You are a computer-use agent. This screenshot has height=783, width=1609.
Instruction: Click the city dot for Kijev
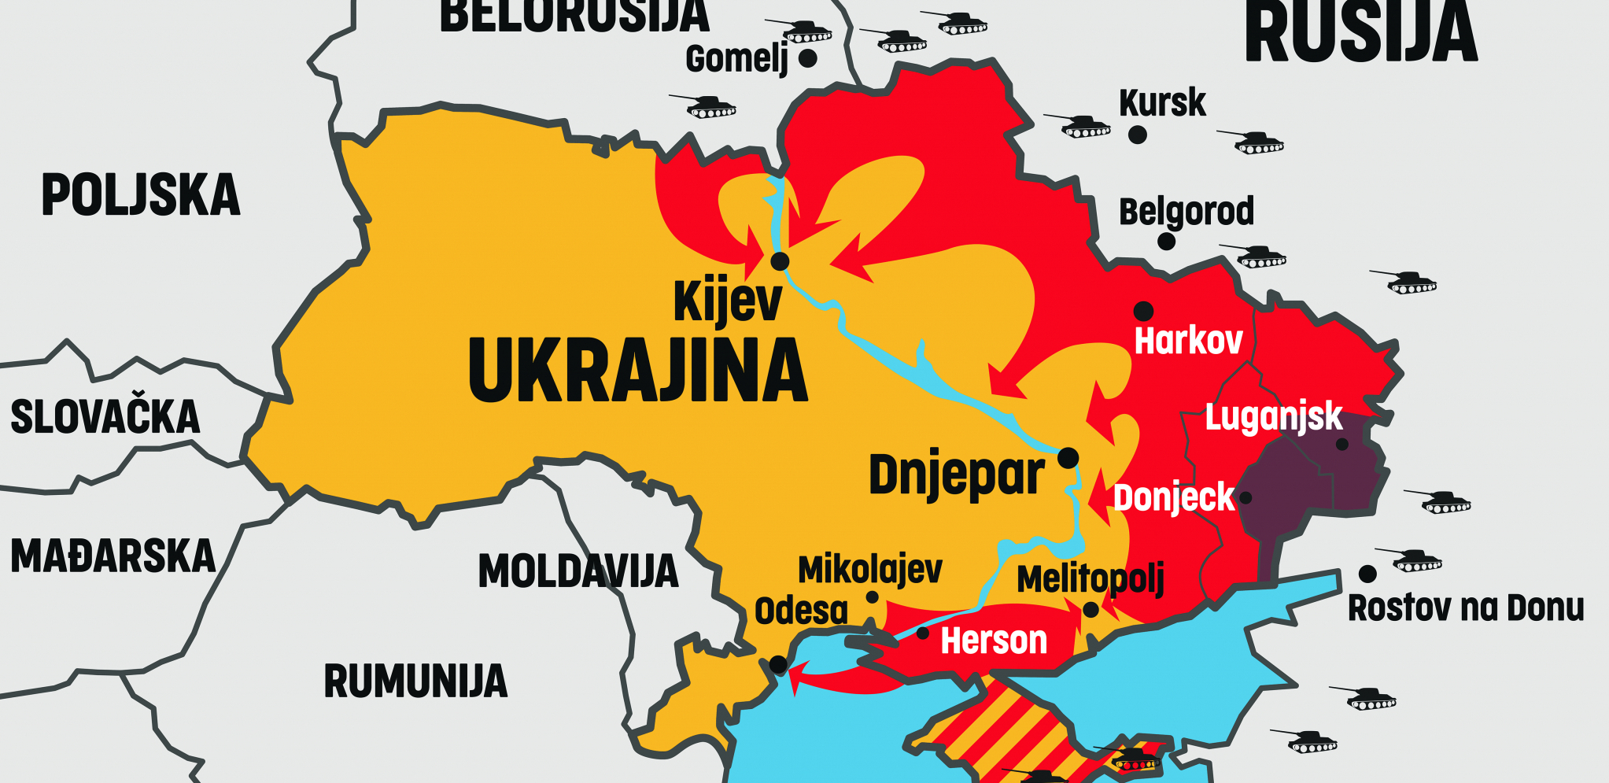point(780,260)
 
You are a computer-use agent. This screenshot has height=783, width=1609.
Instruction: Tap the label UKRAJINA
point(637,371)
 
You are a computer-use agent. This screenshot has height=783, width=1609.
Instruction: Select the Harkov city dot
point(1143,310)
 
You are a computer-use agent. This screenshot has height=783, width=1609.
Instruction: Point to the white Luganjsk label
point(1273,417)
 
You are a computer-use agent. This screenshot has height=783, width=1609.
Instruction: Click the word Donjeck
point(1174,498)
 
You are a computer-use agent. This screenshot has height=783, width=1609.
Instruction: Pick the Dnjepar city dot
point(1068,457)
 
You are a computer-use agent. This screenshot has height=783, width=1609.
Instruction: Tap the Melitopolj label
point(1090,581)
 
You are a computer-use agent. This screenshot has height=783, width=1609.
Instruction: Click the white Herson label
point(994,641)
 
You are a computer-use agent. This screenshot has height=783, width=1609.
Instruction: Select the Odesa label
point(801,611)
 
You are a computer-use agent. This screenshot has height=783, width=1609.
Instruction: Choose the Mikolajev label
point(869,570)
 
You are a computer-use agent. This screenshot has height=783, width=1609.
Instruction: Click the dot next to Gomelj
point(807,57)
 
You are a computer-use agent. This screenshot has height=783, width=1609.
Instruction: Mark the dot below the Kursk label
point(1137,135)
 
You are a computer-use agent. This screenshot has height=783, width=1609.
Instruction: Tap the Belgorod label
point(1186,212)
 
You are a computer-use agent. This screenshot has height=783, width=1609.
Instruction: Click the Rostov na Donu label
point(1465,608)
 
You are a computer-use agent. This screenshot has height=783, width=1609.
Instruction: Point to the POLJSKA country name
point(140,195)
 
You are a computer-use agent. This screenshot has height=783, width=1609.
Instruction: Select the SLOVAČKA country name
point(105,417)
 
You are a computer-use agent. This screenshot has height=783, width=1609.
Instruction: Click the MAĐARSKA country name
point(113,556)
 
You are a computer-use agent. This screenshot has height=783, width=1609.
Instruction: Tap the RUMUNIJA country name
point(415,681)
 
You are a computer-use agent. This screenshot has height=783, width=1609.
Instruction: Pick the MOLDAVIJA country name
point(578,571)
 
